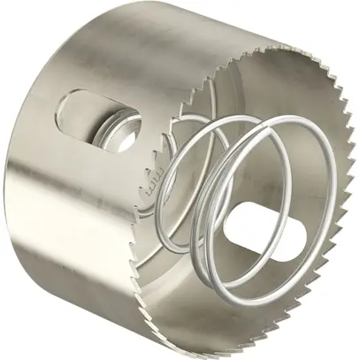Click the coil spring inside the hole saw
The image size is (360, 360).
(226, 190)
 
